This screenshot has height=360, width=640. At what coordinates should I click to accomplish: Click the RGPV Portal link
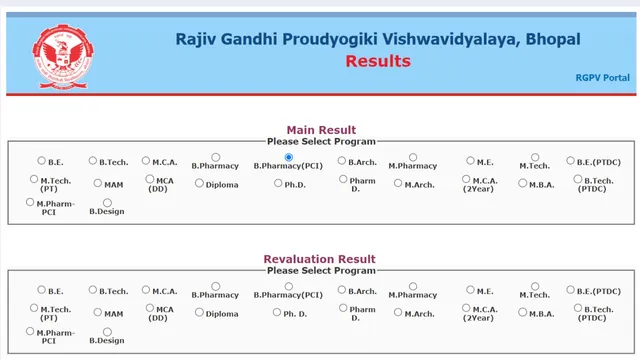pyautogui.click(x=603, y=77)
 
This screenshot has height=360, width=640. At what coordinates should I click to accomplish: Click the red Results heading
pyautogui.click(x=378, y=61)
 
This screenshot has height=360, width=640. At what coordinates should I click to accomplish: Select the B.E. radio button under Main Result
pyautogui.click(x=42, y=160)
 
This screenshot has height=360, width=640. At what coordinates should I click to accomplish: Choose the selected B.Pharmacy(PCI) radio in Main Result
pyautogui.click(x=288, y=157)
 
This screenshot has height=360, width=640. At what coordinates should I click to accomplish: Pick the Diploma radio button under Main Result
pyautogui.click(x=200, y=183)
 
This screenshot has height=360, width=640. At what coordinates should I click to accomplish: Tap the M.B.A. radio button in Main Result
pyautogui.click(x=522, y=183)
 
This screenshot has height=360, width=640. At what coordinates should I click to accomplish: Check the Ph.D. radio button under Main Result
pyautogui.click(x=278, y=183)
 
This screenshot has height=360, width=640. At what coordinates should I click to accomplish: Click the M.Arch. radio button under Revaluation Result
pyautogui.click(x=398, y=313)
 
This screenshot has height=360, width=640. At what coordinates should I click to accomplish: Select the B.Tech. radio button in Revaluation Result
pyautogui.click(x=93, y=290)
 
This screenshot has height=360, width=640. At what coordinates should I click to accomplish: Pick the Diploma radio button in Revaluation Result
pyautogui.click(x=200, y=313)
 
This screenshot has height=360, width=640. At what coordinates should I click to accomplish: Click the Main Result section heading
pyautogui.click(x=321, y=130)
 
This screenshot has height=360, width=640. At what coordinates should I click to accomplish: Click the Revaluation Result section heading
pyautogui.click(x=320, y=259)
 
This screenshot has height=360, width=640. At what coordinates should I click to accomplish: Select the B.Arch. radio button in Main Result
pyautogui.click(x=342, y=160)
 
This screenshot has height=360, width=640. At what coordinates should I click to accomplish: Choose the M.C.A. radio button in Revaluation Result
pyautogui.click(x=145, y=290)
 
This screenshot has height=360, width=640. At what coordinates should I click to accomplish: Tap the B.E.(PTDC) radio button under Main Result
pyautogui.click(x=570, y=160)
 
